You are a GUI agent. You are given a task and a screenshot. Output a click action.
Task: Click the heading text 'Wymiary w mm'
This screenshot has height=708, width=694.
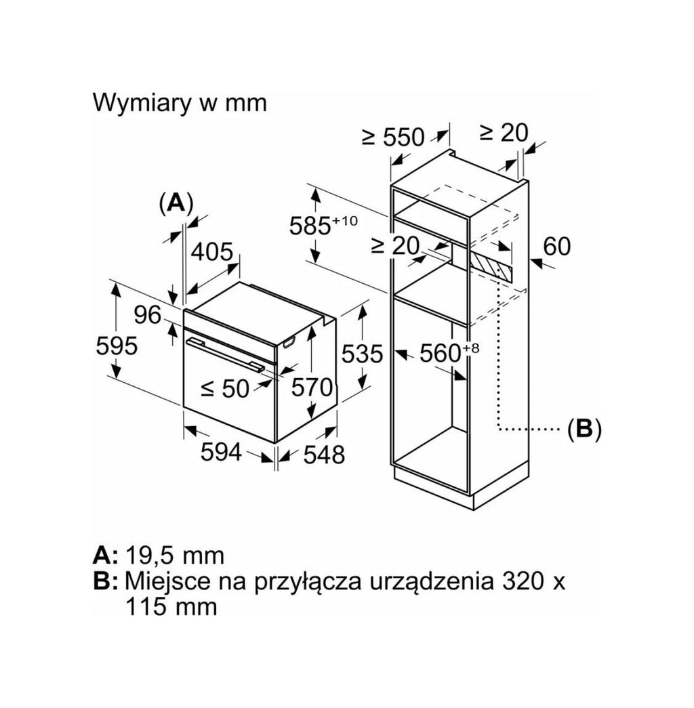click(x=180, y=104)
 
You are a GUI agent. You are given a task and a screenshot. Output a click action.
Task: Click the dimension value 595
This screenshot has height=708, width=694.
click(x=117, y=346)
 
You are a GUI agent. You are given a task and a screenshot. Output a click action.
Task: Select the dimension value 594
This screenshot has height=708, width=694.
click(x=222, y=451)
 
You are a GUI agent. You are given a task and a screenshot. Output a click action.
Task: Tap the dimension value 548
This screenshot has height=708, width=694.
click(x=324, y=454)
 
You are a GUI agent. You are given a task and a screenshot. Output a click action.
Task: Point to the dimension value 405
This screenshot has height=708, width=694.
click(x=212, y=252)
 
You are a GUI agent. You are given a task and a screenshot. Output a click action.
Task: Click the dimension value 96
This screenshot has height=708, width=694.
click(x=148, y=315)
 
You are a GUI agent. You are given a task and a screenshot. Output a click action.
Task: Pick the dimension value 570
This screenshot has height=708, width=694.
click(x=312, y=388)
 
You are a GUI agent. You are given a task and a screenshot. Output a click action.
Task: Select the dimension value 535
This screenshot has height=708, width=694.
click(x=362, y=354)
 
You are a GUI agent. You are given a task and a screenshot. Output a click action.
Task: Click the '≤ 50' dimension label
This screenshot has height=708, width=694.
click(x=225, y=388)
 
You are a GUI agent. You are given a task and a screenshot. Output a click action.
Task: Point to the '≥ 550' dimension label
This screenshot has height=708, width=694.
click(x=394, y=138)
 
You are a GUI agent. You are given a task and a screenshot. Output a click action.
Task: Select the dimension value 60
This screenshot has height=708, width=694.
click(x=556, y=247)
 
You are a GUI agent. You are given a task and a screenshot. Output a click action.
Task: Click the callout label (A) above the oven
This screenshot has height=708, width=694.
click(x=176, y=203)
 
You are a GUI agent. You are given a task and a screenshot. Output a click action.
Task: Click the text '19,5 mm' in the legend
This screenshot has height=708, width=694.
click(x=174, y=556)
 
